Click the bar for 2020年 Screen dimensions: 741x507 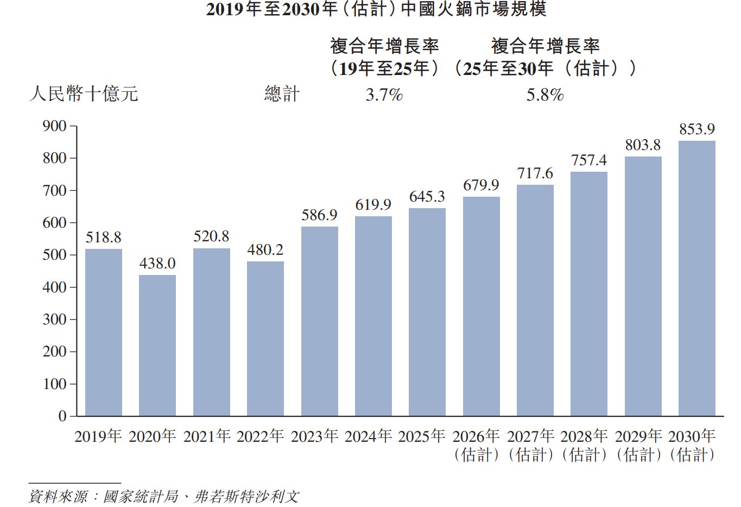tap(157, 345)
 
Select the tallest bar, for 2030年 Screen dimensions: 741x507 tap(697, 278)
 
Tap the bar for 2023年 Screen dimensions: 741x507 tap(320, 321)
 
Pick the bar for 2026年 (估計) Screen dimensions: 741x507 tap(482, 306)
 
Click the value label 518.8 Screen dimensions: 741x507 tap(104, 237)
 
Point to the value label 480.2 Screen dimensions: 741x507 tap(265, 249)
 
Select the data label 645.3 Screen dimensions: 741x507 tap(427, 197)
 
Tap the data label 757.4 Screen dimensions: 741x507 tap(589, 160)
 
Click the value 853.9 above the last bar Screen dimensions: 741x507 tap(697, 129)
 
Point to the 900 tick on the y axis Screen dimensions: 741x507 tap(55, 126)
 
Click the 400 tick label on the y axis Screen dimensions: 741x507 tap(55, 287)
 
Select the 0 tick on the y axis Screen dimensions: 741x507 tap(62, 416)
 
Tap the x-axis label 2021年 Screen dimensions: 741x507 tap(207, 436)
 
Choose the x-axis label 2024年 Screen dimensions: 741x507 tap(368, 436)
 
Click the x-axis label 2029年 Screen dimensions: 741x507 tap(638, 436)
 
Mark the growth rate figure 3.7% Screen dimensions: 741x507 tap(384, 95)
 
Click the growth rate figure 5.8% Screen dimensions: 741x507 tap(545, 95)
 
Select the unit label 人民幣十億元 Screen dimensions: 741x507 tap(84, 93)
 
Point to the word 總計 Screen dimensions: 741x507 tap(282, 93)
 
